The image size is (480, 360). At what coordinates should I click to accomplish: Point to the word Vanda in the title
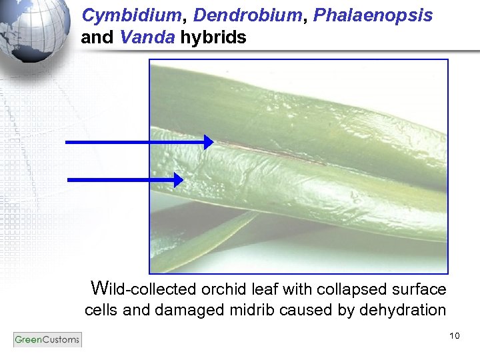(x=148, y=37)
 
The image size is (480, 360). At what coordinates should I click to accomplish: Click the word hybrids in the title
(x=213, y=38)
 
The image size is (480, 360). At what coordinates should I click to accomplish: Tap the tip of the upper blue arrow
(x=212, y=142)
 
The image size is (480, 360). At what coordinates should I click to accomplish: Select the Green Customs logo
(x=47, y=340)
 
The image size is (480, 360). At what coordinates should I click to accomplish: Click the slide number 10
(x=455, y=335)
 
